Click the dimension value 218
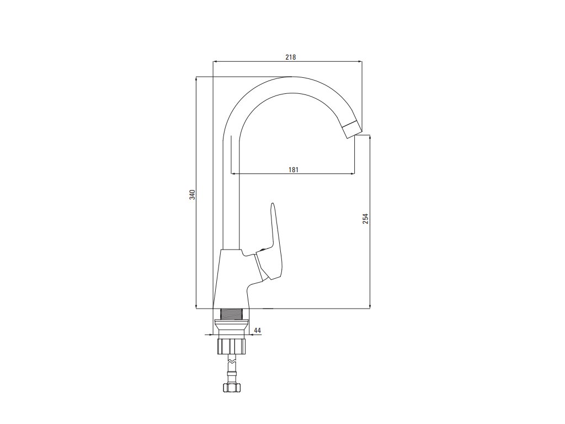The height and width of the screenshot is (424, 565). click(x=291, y=57)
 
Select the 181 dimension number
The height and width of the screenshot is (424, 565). click(x=293, y=169)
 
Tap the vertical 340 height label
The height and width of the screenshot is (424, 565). click(x=191, y=194)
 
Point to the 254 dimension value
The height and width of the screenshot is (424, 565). click(x=365, y=219)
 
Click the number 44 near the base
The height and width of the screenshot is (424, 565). click(x=257, y=330)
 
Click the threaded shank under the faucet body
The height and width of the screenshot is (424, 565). click(x=232, y=314)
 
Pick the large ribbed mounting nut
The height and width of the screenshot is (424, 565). click(x=231, y=346)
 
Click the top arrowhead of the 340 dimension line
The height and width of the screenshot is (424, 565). click(x=196, y=79)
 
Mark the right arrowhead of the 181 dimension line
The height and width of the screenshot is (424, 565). click(x=353, y=174)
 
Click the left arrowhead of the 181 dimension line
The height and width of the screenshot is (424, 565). click(x=233, y=174)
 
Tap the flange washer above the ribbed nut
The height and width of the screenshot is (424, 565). click(x=231, y=326)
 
